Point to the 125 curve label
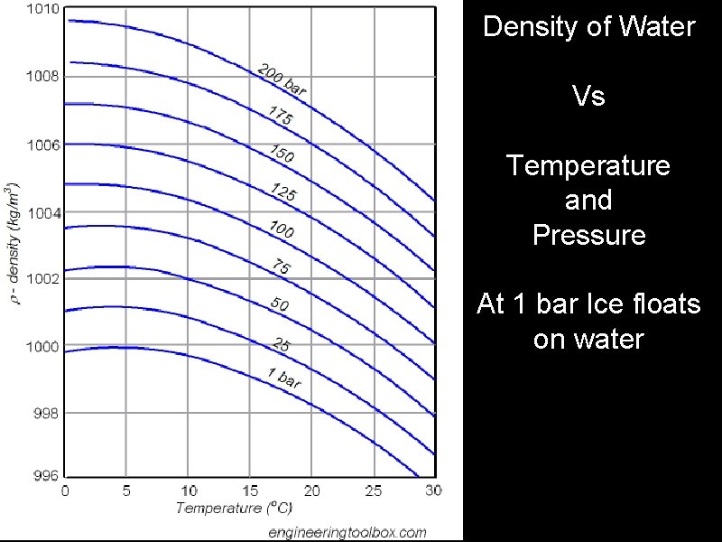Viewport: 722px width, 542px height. click(284, 192)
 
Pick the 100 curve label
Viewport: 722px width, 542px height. click(282, 229)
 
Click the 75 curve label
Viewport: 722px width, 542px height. click(281, 267)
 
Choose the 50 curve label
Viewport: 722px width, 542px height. click(280, 305)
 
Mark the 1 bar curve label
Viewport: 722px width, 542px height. click(283, 378)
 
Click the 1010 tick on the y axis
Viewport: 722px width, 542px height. click(42, 10)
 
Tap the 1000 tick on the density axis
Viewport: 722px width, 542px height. click(42, 347)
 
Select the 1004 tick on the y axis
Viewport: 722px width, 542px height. click(42, 213)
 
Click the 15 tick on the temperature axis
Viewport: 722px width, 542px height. click(248, 491)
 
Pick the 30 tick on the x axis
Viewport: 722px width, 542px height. click(433, 491)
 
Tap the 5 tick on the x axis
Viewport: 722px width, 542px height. click(126, 491)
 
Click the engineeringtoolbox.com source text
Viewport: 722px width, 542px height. click(347, 532)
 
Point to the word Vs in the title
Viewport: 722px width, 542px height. click(588, 96)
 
